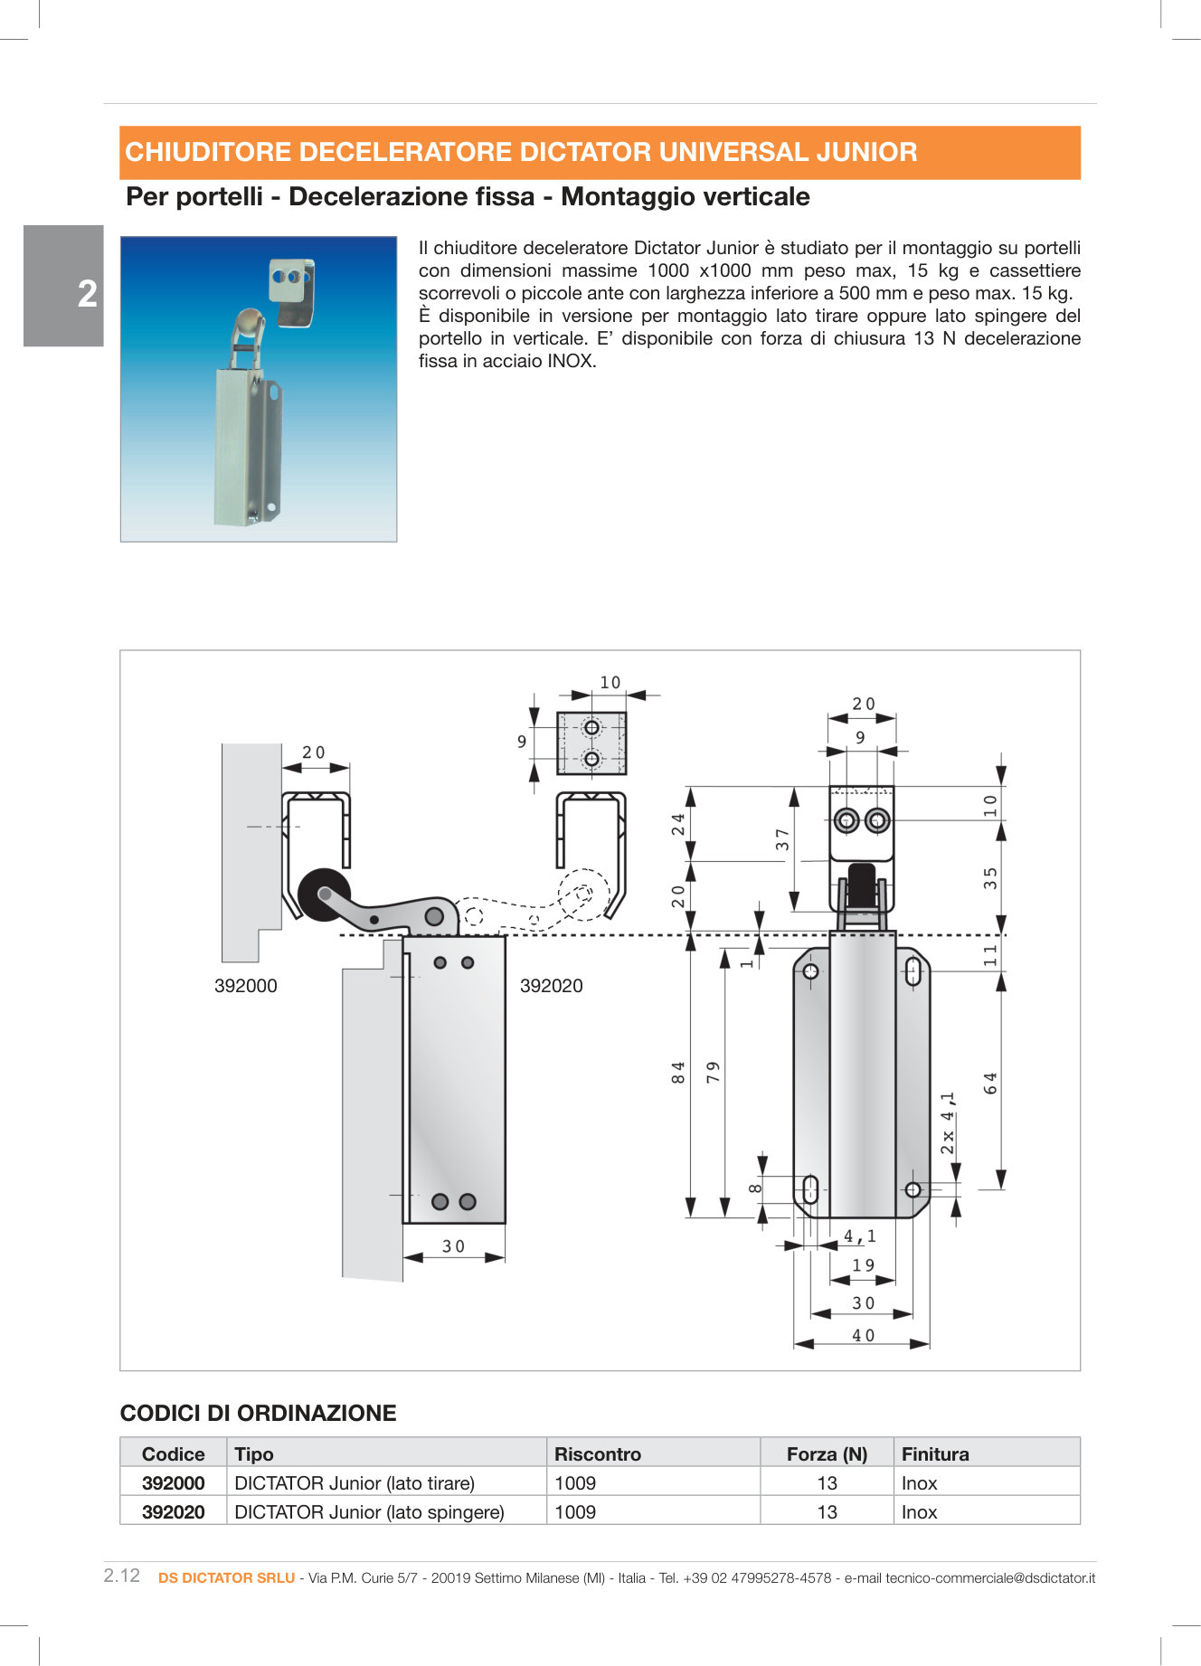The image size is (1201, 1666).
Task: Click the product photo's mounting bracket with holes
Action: click(x=291, y=291)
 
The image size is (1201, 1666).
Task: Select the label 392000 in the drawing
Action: click(x=245, y=986)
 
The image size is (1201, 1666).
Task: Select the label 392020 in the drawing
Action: click(x=551, y=986)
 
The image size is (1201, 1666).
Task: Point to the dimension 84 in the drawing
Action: click(x=678, y=1073)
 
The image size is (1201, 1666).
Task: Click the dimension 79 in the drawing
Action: click(x=714, y=1073)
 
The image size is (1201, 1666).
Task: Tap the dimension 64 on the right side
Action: click(x=990, y=1083)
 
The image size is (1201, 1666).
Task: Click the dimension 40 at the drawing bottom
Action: click(x=863, y=1335)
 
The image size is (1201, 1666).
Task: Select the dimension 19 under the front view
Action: click(x=863, y=1265)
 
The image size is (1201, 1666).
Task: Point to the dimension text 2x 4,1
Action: click(x=947, y=1122)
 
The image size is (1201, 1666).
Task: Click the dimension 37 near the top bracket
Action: click(x=782, y=839)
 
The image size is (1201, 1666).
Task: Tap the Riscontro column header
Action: click(x=598, y=1454)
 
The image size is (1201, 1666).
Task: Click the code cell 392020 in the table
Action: click(x=173, y=1512)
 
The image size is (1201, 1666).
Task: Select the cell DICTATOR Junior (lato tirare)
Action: click(x=355, y=1483)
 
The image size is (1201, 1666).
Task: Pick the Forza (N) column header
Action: click(x=827, y=1454)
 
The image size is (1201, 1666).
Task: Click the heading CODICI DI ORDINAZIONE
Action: click(x=258, y=1414)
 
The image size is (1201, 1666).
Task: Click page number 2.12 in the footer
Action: click(x=122, y=1576)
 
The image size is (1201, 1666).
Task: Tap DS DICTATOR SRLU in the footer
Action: click(x=226, y=1577)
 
